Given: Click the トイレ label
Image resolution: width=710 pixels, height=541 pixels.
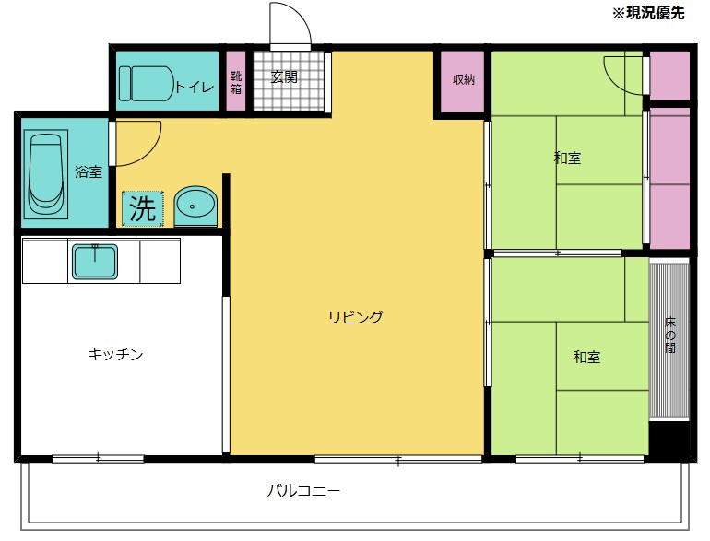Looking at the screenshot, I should point(195,88).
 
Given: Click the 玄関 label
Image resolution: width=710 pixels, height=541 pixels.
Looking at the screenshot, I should point(284,77).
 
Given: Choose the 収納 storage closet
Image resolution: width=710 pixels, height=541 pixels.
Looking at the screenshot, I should point(463,79).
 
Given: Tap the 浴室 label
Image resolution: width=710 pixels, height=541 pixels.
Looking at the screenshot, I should point(89,171).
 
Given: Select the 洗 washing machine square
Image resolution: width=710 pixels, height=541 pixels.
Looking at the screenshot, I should point(142,208).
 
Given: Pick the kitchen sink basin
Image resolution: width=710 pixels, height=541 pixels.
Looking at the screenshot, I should point(94,262).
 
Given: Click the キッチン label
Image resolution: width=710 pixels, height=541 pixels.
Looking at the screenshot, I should point(115,354).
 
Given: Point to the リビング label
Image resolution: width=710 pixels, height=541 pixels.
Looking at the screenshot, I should point(355,317).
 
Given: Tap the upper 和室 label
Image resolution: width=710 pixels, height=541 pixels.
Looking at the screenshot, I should point(567,158).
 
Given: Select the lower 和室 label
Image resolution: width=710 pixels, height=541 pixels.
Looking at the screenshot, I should point(586,357).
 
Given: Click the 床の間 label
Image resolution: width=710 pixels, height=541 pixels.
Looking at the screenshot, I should point(670,336).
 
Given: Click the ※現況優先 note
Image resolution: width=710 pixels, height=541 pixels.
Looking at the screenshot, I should point(649,14).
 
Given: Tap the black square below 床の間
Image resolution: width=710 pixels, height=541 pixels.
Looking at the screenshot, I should point(669,439).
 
